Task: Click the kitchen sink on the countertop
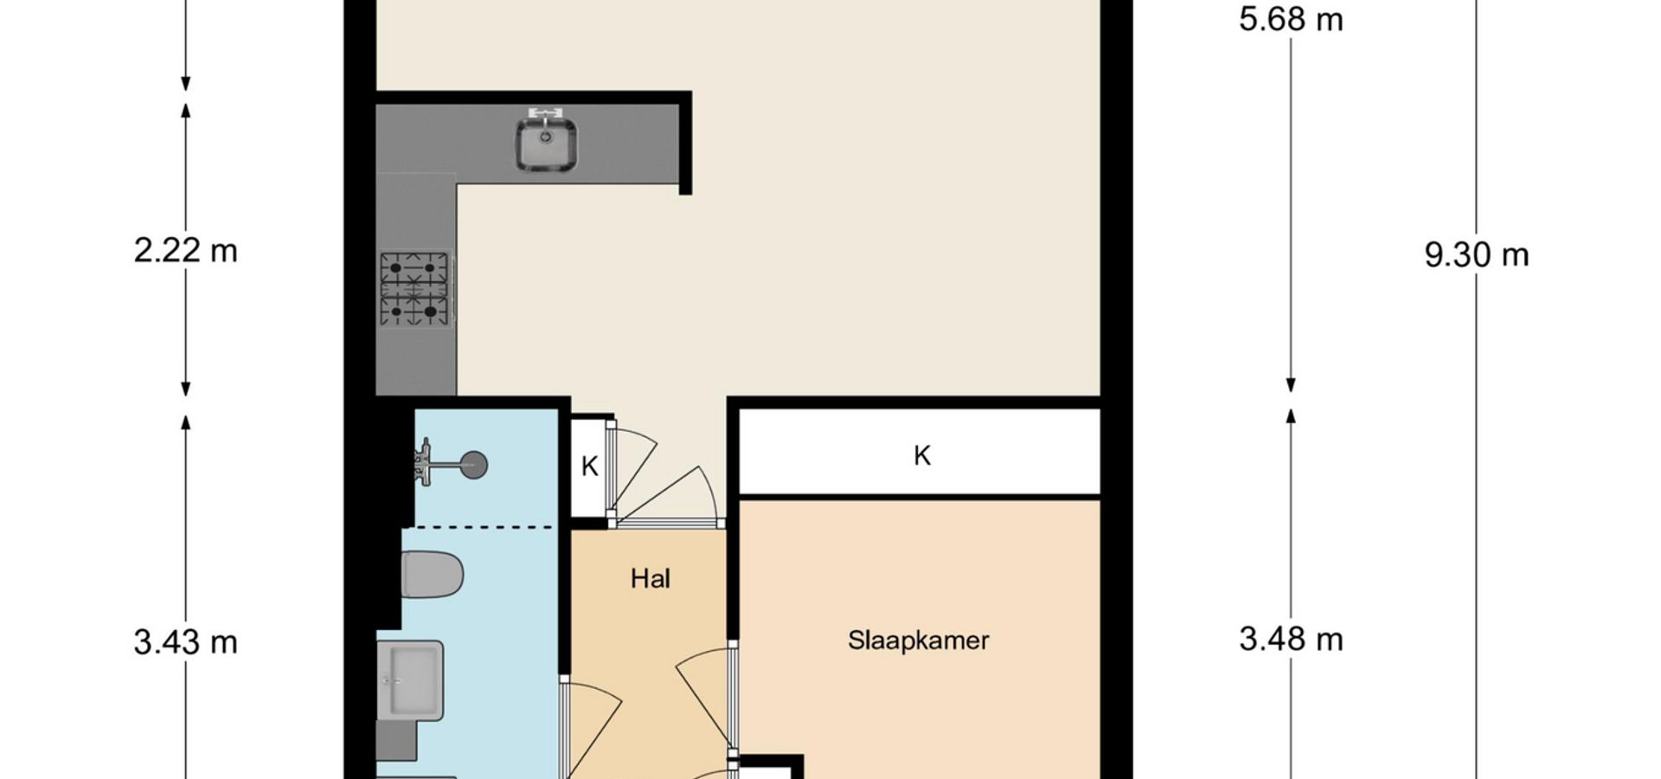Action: point(547,144)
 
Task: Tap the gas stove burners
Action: point(415,289)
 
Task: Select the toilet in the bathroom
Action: point(432,574)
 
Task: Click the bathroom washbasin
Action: point(410,679)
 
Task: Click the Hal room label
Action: point(651,578)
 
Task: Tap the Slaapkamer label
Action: point(918,641)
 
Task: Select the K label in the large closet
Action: point(922,455)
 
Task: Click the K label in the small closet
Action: point(589,467)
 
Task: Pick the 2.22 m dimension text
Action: point(185,251)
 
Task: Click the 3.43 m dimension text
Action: point(185,642)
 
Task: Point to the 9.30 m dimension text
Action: point(1477,255)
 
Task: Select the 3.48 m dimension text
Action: point(1291,640)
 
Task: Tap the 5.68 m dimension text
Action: point(1291,19)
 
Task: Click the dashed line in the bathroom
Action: point(479,526)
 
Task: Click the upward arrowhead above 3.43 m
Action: point(185,422)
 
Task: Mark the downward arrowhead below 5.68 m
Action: point(1291,385)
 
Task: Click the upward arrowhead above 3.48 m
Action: point(1291,415)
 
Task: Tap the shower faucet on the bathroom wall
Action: point(423,459)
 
